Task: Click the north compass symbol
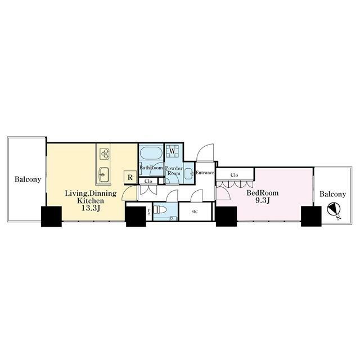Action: point(334,209)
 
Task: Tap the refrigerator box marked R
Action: point(130,177)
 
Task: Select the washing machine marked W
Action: point(172,151)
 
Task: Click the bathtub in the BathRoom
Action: point(151,153)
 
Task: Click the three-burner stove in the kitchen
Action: point(105,154)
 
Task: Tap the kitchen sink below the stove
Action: point(103,175)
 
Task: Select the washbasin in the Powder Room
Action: point(189,173)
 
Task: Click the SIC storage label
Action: point(194,212)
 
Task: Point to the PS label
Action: point(149,211)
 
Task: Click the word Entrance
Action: point(205,173)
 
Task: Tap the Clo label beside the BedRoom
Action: point(234,175)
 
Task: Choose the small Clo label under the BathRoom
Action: point(148,181)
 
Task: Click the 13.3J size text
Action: point(91,208)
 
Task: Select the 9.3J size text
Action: point(263,200)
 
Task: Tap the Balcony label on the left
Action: point(28,179)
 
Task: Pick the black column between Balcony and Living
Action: point(51,217)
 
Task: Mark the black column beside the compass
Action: point(311,216)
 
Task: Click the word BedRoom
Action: point(263,193)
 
